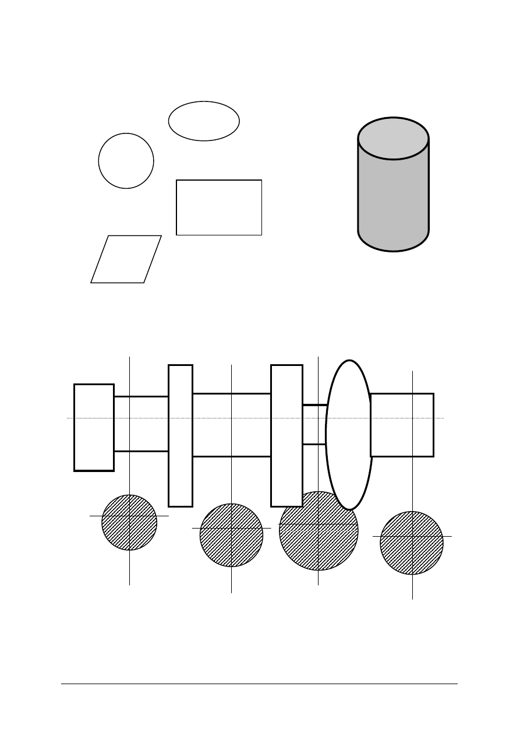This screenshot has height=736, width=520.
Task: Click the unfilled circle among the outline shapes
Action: tap(126, 161)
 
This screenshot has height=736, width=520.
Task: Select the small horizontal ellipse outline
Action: tap(204, 121)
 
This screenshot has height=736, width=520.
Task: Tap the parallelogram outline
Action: tap(126, 259)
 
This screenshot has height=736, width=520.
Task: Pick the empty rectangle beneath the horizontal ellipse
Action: tap(219, 207)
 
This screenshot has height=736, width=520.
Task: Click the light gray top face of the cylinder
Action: tap(393, 139)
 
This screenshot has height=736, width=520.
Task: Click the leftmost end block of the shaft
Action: tap(94, 427)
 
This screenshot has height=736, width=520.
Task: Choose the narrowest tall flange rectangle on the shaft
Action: tap(181, 435)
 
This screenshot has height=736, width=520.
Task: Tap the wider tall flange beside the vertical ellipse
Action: tap(286, 435)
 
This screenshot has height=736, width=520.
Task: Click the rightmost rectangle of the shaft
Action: tap(402, 425)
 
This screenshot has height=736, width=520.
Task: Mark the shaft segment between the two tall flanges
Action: tap(232, 425)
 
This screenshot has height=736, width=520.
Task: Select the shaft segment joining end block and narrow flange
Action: tap(141, 424)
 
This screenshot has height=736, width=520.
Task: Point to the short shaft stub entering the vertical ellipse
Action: tap(314, 424)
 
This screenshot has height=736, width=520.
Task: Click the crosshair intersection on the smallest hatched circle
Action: tap(129, 516)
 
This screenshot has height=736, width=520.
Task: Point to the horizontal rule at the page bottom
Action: tap(259, 684)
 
